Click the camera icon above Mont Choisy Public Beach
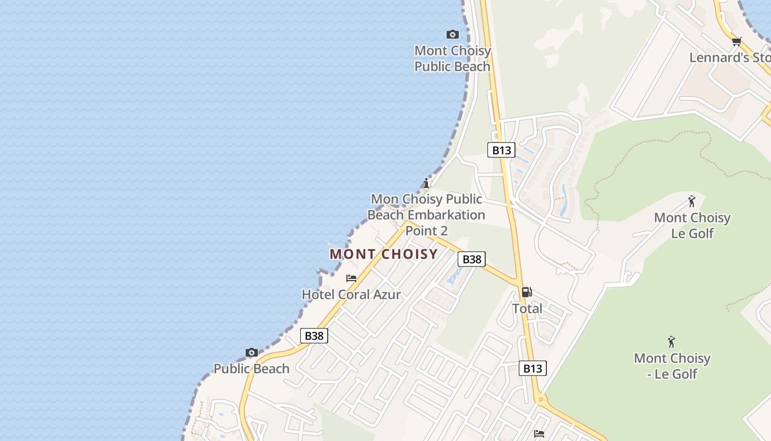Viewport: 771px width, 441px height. pos(453,35)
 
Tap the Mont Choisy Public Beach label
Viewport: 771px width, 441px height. pos(452,58)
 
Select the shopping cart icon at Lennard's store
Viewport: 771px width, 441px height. pos(736,41)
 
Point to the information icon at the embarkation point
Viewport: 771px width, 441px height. pos(426,183)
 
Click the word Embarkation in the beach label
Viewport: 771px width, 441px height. pos(447,215)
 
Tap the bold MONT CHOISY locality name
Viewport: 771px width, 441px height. pos(384,254)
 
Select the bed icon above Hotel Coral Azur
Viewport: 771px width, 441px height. pos(351,278)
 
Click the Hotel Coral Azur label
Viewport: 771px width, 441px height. pos(351,294)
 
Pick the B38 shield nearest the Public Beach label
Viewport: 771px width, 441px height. pos(314,336)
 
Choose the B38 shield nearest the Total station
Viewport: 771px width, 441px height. pos(471,259)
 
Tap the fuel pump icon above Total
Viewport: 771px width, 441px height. pos(527,292)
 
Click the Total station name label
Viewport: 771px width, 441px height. pos(527,309)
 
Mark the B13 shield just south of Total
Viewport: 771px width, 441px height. pos(533,368)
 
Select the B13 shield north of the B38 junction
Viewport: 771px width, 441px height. pos(501,150)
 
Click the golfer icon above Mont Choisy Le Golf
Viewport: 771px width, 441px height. pos(692,202)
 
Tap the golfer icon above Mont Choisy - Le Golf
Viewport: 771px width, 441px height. pos(671,342)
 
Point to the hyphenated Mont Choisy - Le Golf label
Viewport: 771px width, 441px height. pos(672,366)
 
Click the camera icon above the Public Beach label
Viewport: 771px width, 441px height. pos(252,353)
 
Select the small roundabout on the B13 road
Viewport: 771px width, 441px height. pos(541,399)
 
